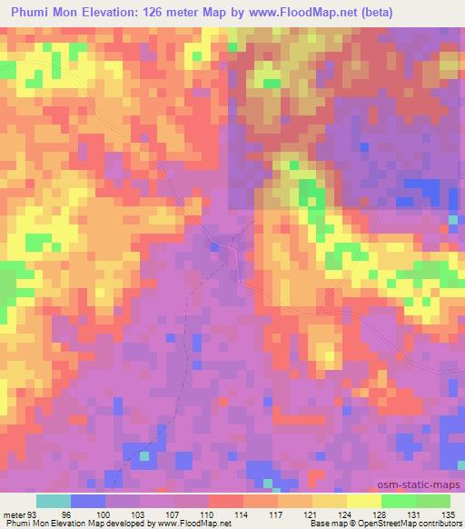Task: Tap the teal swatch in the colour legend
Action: point(54,501)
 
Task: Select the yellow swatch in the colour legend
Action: point(363,501)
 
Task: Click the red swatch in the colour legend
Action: point(226,501)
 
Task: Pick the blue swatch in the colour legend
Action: point(88,501)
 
